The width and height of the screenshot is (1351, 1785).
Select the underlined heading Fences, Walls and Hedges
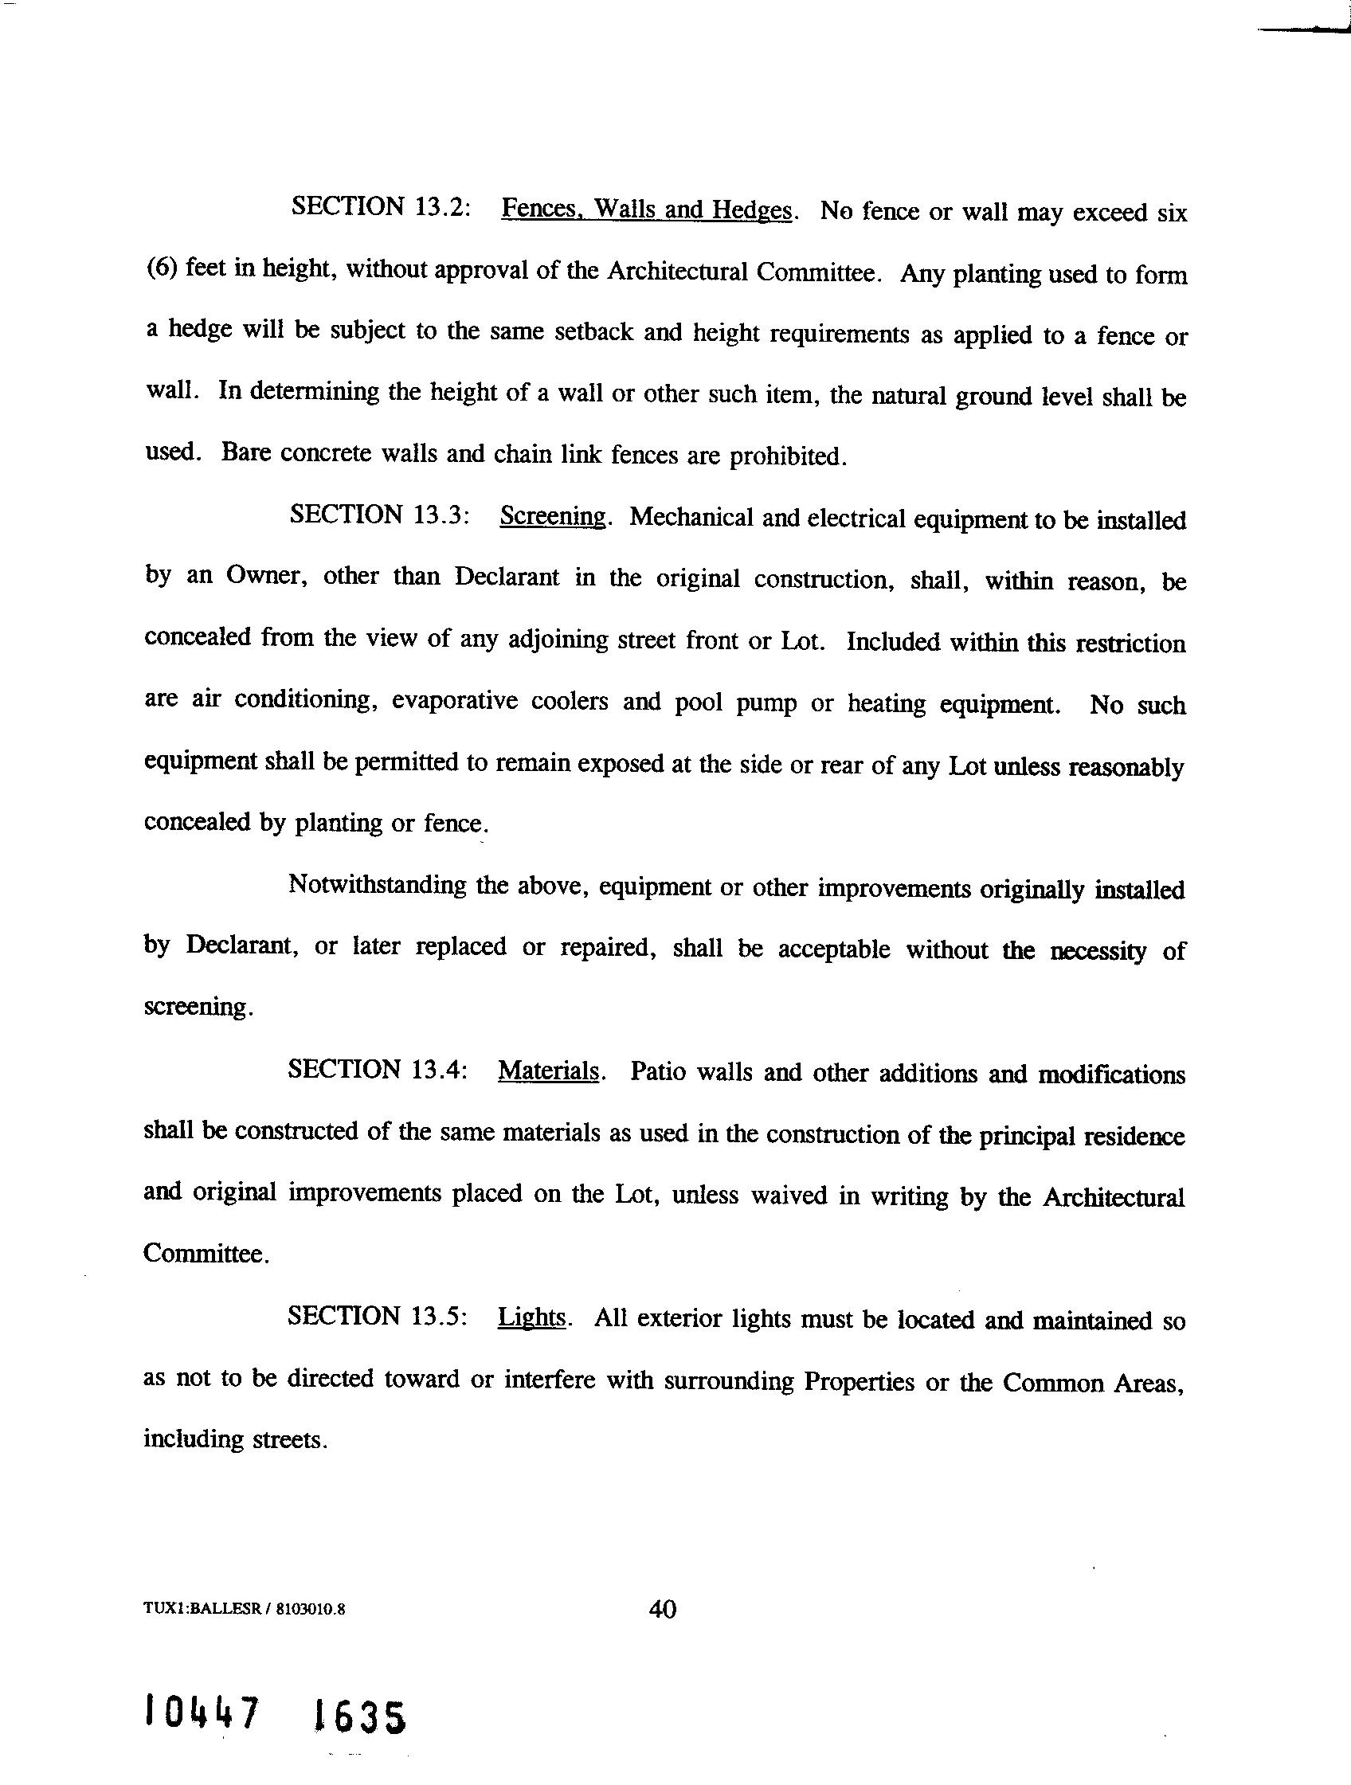(x=647, y=209)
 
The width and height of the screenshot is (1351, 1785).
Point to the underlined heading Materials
(x=549, y=1071)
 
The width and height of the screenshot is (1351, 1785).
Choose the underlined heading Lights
(x=532, y=1317)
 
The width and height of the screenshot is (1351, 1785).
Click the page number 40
(x=663, y=1609)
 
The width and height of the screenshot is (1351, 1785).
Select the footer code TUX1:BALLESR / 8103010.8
(x=245, y=1609)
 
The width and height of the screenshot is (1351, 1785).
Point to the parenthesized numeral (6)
(x=162, y=268)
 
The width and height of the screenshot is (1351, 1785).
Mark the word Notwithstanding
(x=377, y=885)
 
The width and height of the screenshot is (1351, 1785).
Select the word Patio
(x=658, y=1071)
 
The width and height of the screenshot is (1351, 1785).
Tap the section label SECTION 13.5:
(x=378, y=1316)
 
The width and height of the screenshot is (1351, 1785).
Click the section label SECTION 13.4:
(x=378, y=1070)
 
